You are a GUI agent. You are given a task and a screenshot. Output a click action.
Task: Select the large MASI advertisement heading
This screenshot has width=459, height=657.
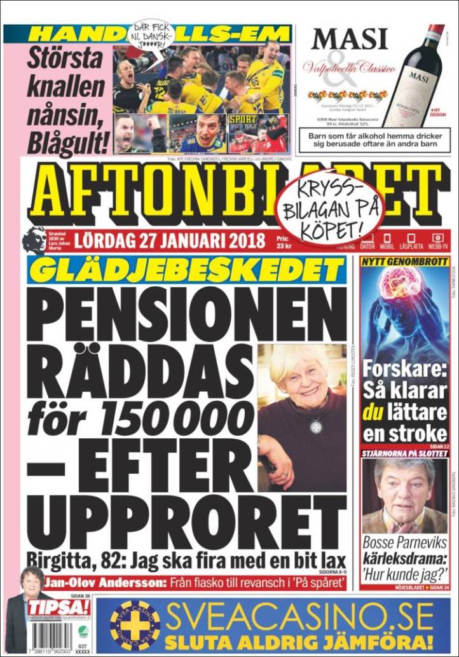349,39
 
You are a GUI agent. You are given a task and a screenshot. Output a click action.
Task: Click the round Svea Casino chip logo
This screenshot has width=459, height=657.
135,626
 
